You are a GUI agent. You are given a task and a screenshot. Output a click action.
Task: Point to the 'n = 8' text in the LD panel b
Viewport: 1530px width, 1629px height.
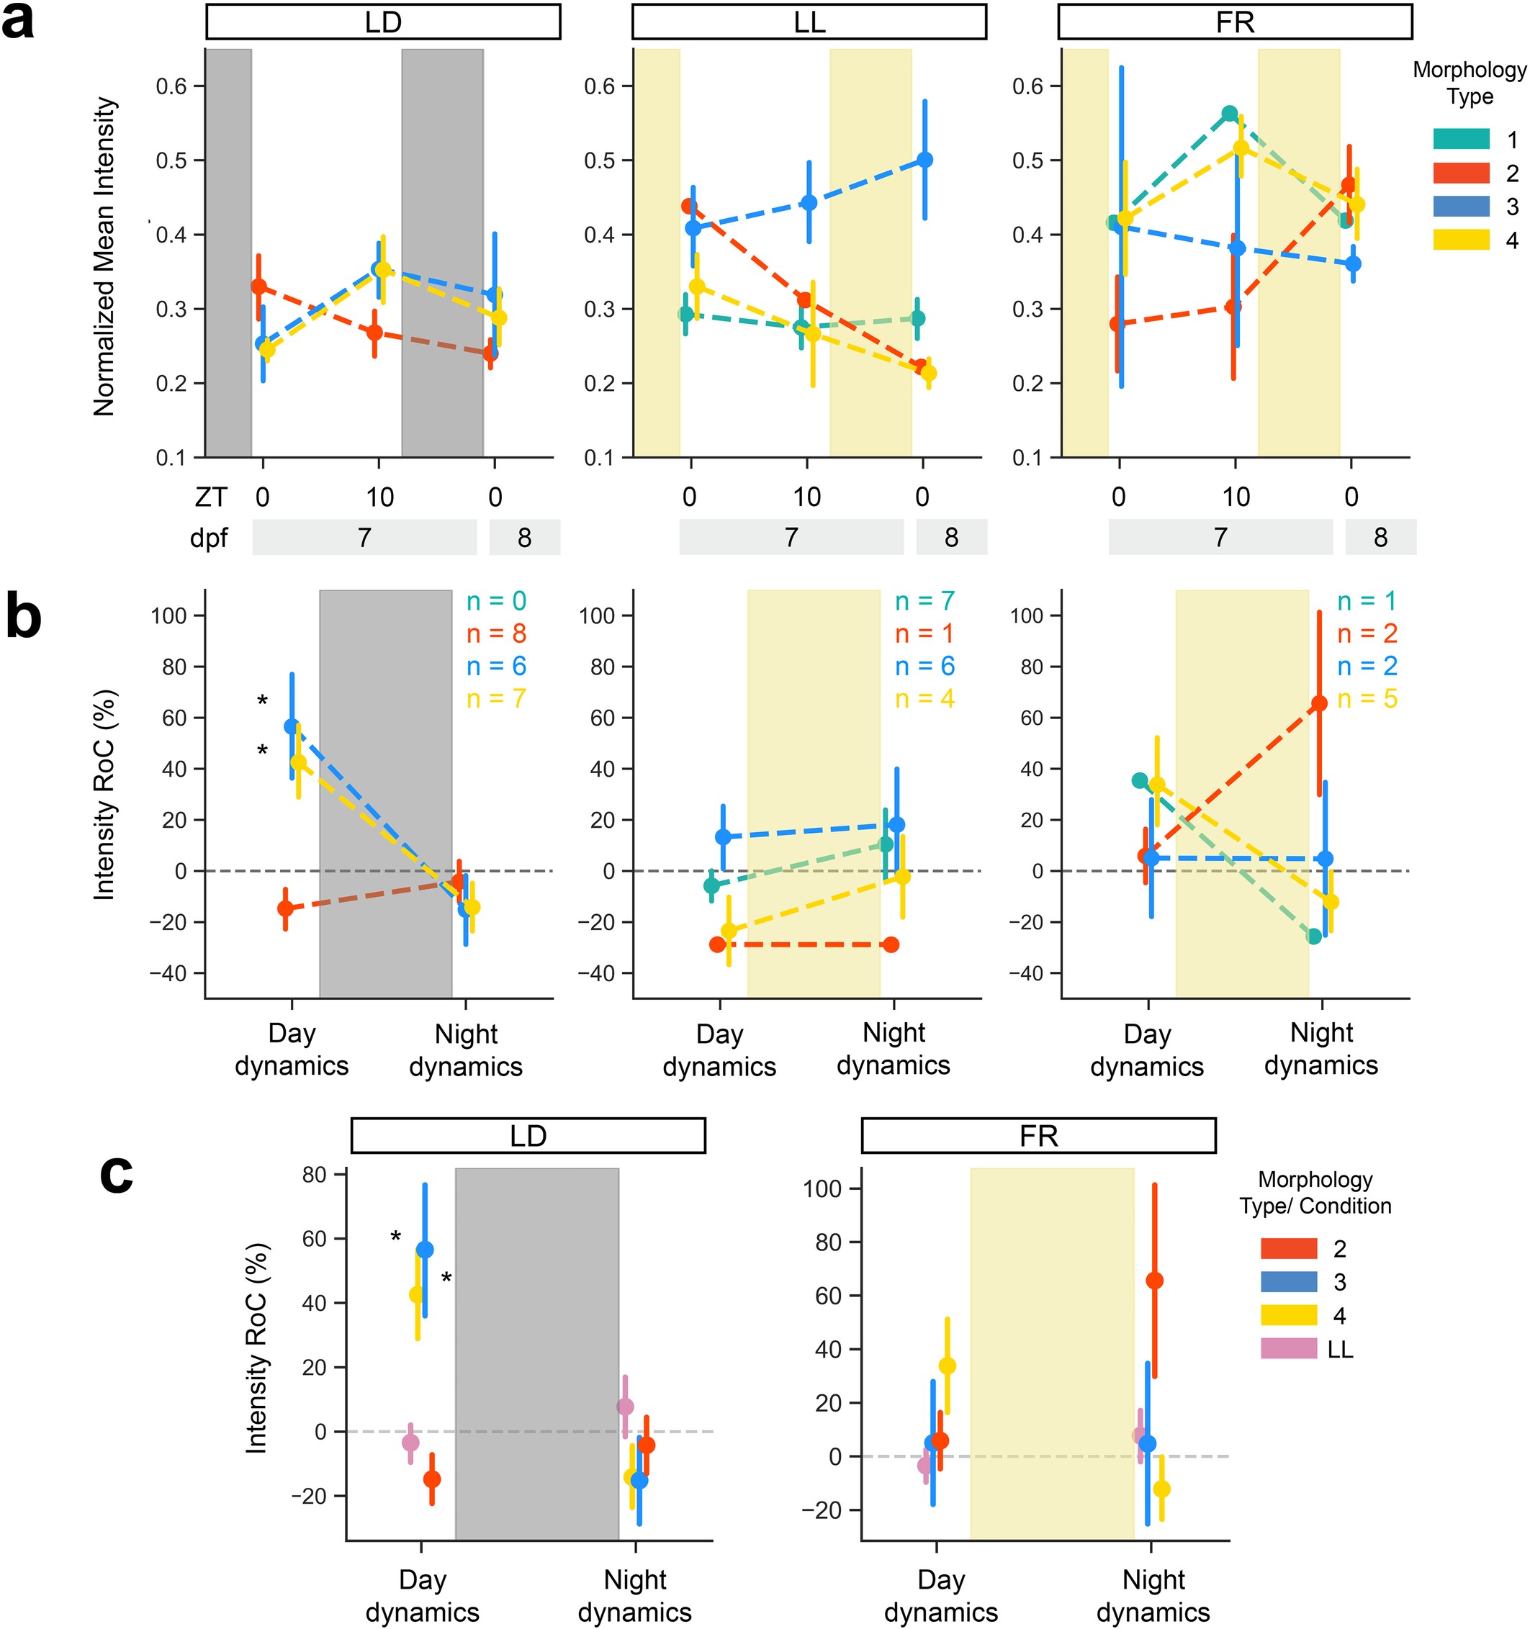496,633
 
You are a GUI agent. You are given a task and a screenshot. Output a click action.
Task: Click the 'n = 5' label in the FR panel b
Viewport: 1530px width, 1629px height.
1367,699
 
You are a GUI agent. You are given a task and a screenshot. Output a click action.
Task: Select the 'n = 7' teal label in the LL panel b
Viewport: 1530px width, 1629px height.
924,602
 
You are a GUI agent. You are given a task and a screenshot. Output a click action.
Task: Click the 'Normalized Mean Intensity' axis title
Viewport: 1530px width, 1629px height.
104,256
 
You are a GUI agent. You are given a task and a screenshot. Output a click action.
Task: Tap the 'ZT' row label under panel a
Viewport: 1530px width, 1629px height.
211,497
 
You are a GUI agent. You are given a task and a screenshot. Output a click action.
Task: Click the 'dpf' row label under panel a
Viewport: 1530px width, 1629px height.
209,538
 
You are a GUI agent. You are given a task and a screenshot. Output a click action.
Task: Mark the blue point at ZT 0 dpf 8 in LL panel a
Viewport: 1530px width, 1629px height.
924,160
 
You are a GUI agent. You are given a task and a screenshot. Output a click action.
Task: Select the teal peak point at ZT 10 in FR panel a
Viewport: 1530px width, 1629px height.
1229,113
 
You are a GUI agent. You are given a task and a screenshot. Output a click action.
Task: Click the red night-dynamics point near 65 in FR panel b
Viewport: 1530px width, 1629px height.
1318,703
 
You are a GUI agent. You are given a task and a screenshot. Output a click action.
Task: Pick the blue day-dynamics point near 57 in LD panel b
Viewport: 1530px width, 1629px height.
292,726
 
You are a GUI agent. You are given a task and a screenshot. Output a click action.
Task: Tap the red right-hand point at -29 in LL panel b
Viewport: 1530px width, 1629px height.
891,944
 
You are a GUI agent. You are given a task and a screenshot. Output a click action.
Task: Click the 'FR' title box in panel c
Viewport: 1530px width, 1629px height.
1038,1136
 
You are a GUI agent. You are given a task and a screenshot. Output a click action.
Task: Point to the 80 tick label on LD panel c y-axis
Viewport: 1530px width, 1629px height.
314,1174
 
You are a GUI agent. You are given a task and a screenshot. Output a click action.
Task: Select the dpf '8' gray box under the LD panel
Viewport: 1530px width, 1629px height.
524,538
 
